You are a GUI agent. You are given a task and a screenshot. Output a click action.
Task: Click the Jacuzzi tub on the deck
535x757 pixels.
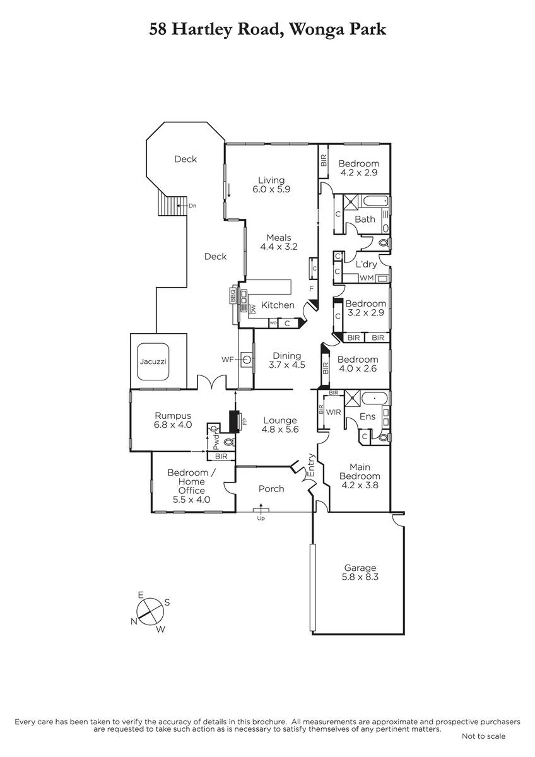(153, 361)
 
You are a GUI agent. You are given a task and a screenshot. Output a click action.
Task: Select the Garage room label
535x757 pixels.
(360, 568)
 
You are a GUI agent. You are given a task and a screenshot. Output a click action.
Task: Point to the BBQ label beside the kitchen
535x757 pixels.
(233, 295)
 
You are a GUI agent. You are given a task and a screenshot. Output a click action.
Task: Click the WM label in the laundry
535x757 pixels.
(367, 278)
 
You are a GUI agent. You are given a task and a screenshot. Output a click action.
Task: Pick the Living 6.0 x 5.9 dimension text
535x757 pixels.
(271, 189)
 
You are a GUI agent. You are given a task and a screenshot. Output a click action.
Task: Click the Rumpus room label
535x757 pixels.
(173, 416)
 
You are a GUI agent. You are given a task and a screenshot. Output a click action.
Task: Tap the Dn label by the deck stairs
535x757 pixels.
(192, 206)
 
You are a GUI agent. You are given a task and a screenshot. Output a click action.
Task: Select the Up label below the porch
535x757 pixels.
(261, 519)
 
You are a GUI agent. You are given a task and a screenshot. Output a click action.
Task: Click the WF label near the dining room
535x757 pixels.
(228, 360)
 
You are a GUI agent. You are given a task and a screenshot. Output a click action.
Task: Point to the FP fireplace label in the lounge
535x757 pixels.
(245, 421)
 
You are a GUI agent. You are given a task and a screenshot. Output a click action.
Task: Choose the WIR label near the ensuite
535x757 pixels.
(334, 413)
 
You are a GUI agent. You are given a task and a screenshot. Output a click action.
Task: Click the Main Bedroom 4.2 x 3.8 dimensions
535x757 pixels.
(360, 485)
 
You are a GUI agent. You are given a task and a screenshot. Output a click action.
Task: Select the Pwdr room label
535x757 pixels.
(216, 442)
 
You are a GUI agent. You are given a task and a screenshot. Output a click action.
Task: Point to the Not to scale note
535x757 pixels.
(484, 736)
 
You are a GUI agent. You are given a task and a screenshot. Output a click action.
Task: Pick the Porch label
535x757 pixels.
(271, 489)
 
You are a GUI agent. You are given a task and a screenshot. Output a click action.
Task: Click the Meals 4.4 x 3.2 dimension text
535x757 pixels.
(279, 247)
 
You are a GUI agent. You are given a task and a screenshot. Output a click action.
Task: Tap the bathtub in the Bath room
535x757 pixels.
(375, 201)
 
